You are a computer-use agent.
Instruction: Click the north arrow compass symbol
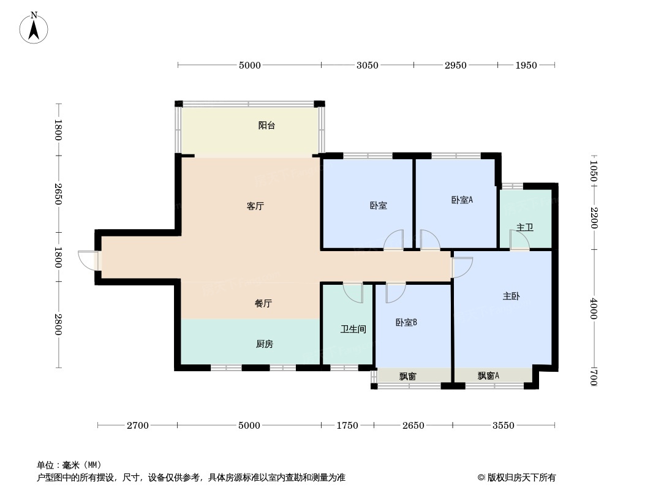pyautogui.click(x=34, y=28)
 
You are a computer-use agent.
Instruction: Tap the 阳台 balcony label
pyautogui.click(x=266, y=126)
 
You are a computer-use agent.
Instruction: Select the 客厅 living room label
pyautogui.click(x=255, y=206)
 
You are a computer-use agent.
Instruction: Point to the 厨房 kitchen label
pyautogui.click(x=264, y=344)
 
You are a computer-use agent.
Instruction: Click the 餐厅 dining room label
pyautogui.click(x=263, y=303)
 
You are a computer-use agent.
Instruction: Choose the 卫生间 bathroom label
pyautogui.click(x=353, y=330)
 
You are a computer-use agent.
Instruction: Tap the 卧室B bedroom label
pyautogui.click(x=406, y=323)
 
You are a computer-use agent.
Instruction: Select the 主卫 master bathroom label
pyautogui.click(x=525, y=228)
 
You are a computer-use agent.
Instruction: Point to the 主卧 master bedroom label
pyautogui.click(x=511, y=296)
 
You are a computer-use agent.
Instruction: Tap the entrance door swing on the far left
pyautogui.click(x=88, y=260)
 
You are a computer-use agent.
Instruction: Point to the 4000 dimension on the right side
pyautogui.click(x=593, y=308)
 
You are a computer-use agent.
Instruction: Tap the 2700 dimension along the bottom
pyautogui.click(x=138, y=426)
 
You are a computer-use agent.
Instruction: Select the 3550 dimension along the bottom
pyautogui.click(x=504, y=426)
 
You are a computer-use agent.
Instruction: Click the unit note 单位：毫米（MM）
pyautogui.click(x=69, y=465)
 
